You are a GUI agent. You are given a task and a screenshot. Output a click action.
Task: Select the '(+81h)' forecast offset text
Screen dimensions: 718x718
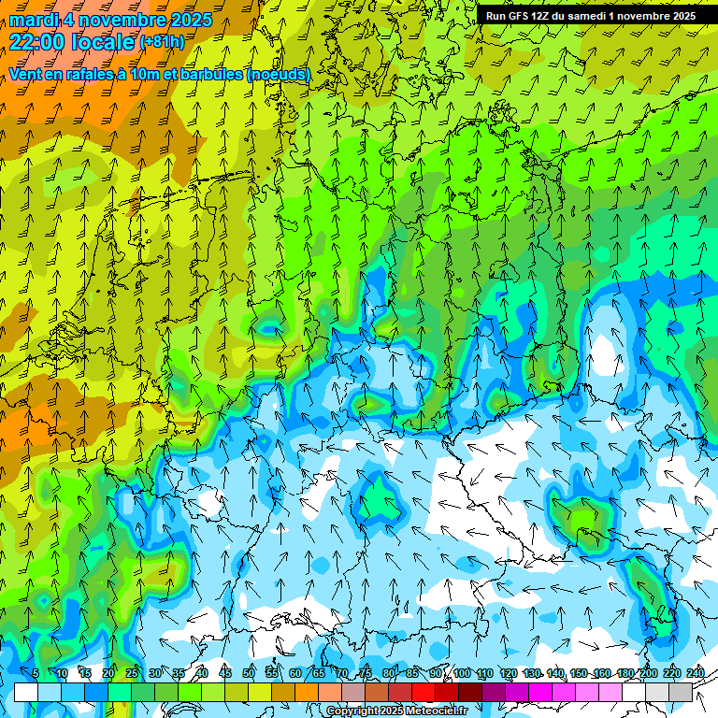pyautogui.click(x=163, y=42)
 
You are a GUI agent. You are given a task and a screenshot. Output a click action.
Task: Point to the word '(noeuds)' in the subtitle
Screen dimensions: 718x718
pyautogui.click(x=279, y=74)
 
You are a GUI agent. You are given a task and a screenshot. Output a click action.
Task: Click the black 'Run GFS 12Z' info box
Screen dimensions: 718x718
pyautogui.click(x=590, y=16)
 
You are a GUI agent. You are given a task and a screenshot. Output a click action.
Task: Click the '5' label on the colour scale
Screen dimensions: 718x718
pyautogui.click(x=36, y=674)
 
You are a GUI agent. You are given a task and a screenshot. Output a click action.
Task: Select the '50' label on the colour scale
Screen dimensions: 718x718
pyautogui.click(x=249, y=674)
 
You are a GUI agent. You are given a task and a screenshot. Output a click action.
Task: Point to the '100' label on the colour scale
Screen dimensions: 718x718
pyautogui.click(x=462, y=674)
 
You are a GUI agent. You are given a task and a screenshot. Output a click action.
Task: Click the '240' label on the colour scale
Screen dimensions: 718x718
pyautogui.click(x=696, y=674)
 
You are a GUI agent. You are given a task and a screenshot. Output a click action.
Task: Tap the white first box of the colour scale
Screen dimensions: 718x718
pyautogui.click(x=26, y=692)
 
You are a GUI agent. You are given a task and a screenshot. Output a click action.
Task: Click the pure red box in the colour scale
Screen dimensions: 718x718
pyautogui.click(x=424, y=692)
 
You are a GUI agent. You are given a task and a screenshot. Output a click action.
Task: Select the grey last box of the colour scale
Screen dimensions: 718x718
pyautogui.click(x=681, y=692)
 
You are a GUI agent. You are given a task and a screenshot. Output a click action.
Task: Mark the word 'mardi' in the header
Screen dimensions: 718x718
pyautogui.click(x=33, y=20)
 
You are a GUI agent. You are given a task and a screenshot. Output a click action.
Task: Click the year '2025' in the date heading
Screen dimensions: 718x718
pyautogui.click(x=187, y=20)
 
